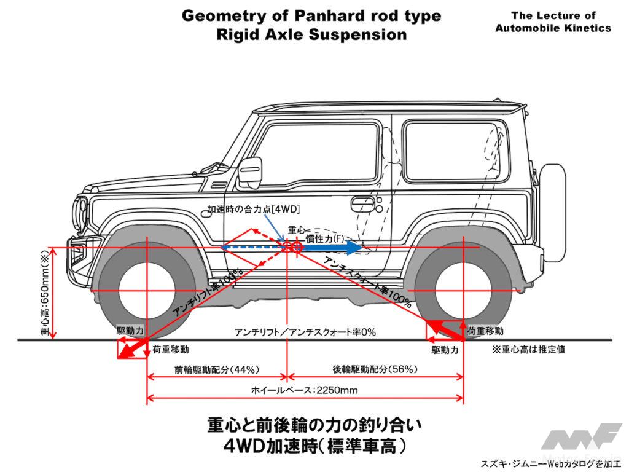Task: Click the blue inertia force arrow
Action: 332,248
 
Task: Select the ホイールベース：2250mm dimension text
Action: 304,390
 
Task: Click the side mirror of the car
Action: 249,171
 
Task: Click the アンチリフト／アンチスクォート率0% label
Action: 305,332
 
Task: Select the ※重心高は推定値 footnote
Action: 528,349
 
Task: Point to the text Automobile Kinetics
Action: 553,28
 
